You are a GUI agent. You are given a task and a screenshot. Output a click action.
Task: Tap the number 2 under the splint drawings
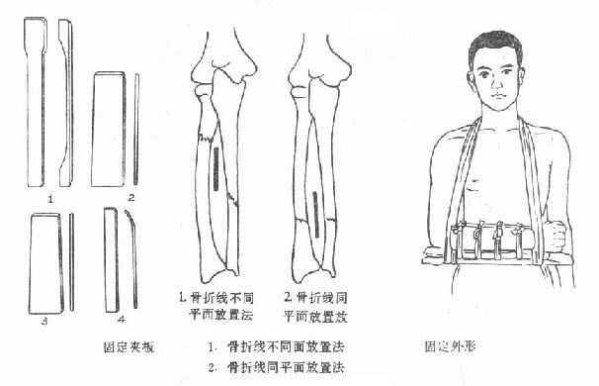click(x=129, y=198)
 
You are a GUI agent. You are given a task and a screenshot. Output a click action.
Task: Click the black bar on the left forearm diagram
click(x=214, y=168)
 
